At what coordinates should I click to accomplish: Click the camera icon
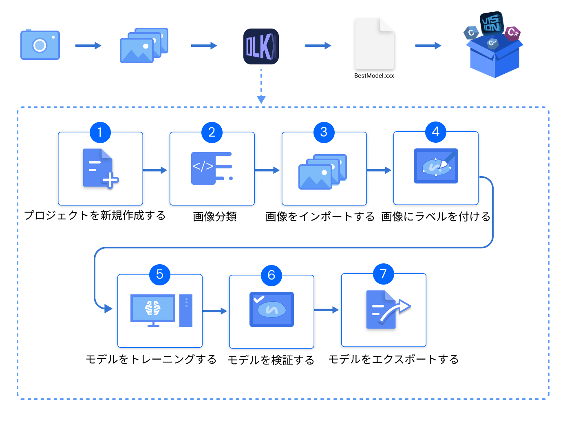40,45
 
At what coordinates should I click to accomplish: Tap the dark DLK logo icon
261,46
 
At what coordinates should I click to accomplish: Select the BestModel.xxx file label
374,76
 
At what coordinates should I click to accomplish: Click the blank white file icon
375,43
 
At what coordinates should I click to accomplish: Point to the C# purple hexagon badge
512,33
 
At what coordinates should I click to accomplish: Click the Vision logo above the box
492,23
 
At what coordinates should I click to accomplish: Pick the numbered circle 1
100,132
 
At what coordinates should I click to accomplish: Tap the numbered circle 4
435,132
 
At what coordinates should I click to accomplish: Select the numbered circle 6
271,275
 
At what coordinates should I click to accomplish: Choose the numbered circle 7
383,274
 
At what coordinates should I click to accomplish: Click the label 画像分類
215,217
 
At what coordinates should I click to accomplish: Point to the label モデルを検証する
271,360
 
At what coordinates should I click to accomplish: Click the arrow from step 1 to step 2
155,170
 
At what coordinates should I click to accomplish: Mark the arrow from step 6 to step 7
327,310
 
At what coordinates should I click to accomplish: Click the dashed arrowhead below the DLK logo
261,99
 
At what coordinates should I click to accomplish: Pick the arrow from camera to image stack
88,46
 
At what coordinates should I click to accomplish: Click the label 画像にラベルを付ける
435,217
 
